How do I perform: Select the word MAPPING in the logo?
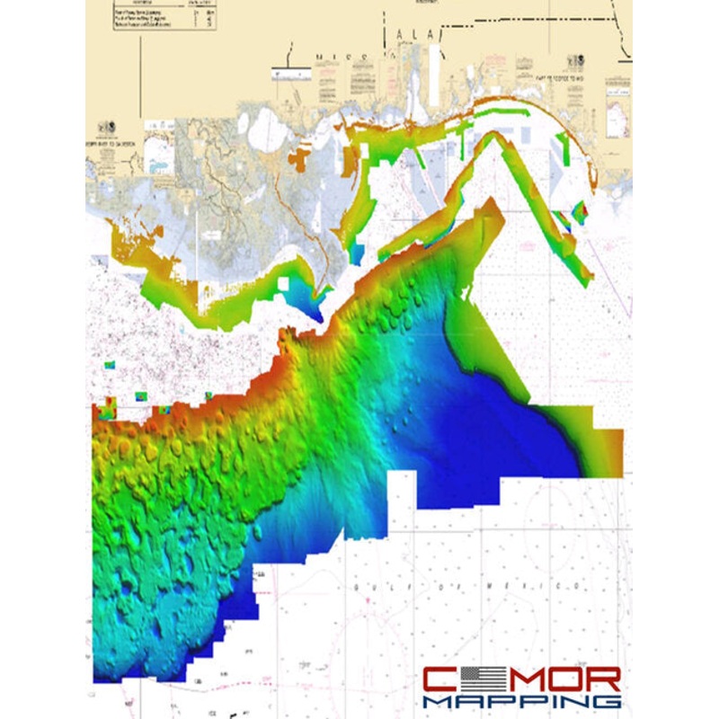pyautogui.click(x=521, y=700)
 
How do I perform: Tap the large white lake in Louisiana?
pyautogui.click(x=266, y=130)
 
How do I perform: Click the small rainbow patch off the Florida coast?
pyautogui.click(x=579, y=212)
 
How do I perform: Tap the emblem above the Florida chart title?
pyautogui.click(x=573, y=63)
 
